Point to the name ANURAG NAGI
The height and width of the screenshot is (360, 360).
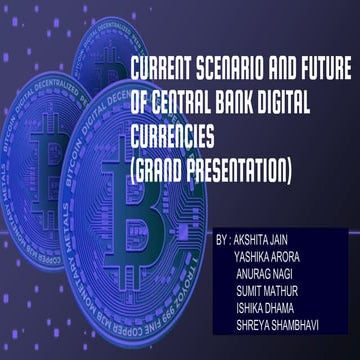[267, 276]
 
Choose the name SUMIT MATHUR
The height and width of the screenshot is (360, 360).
[268, 293]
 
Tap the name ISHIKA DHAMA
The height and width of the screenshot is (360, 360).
[268, 310]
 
